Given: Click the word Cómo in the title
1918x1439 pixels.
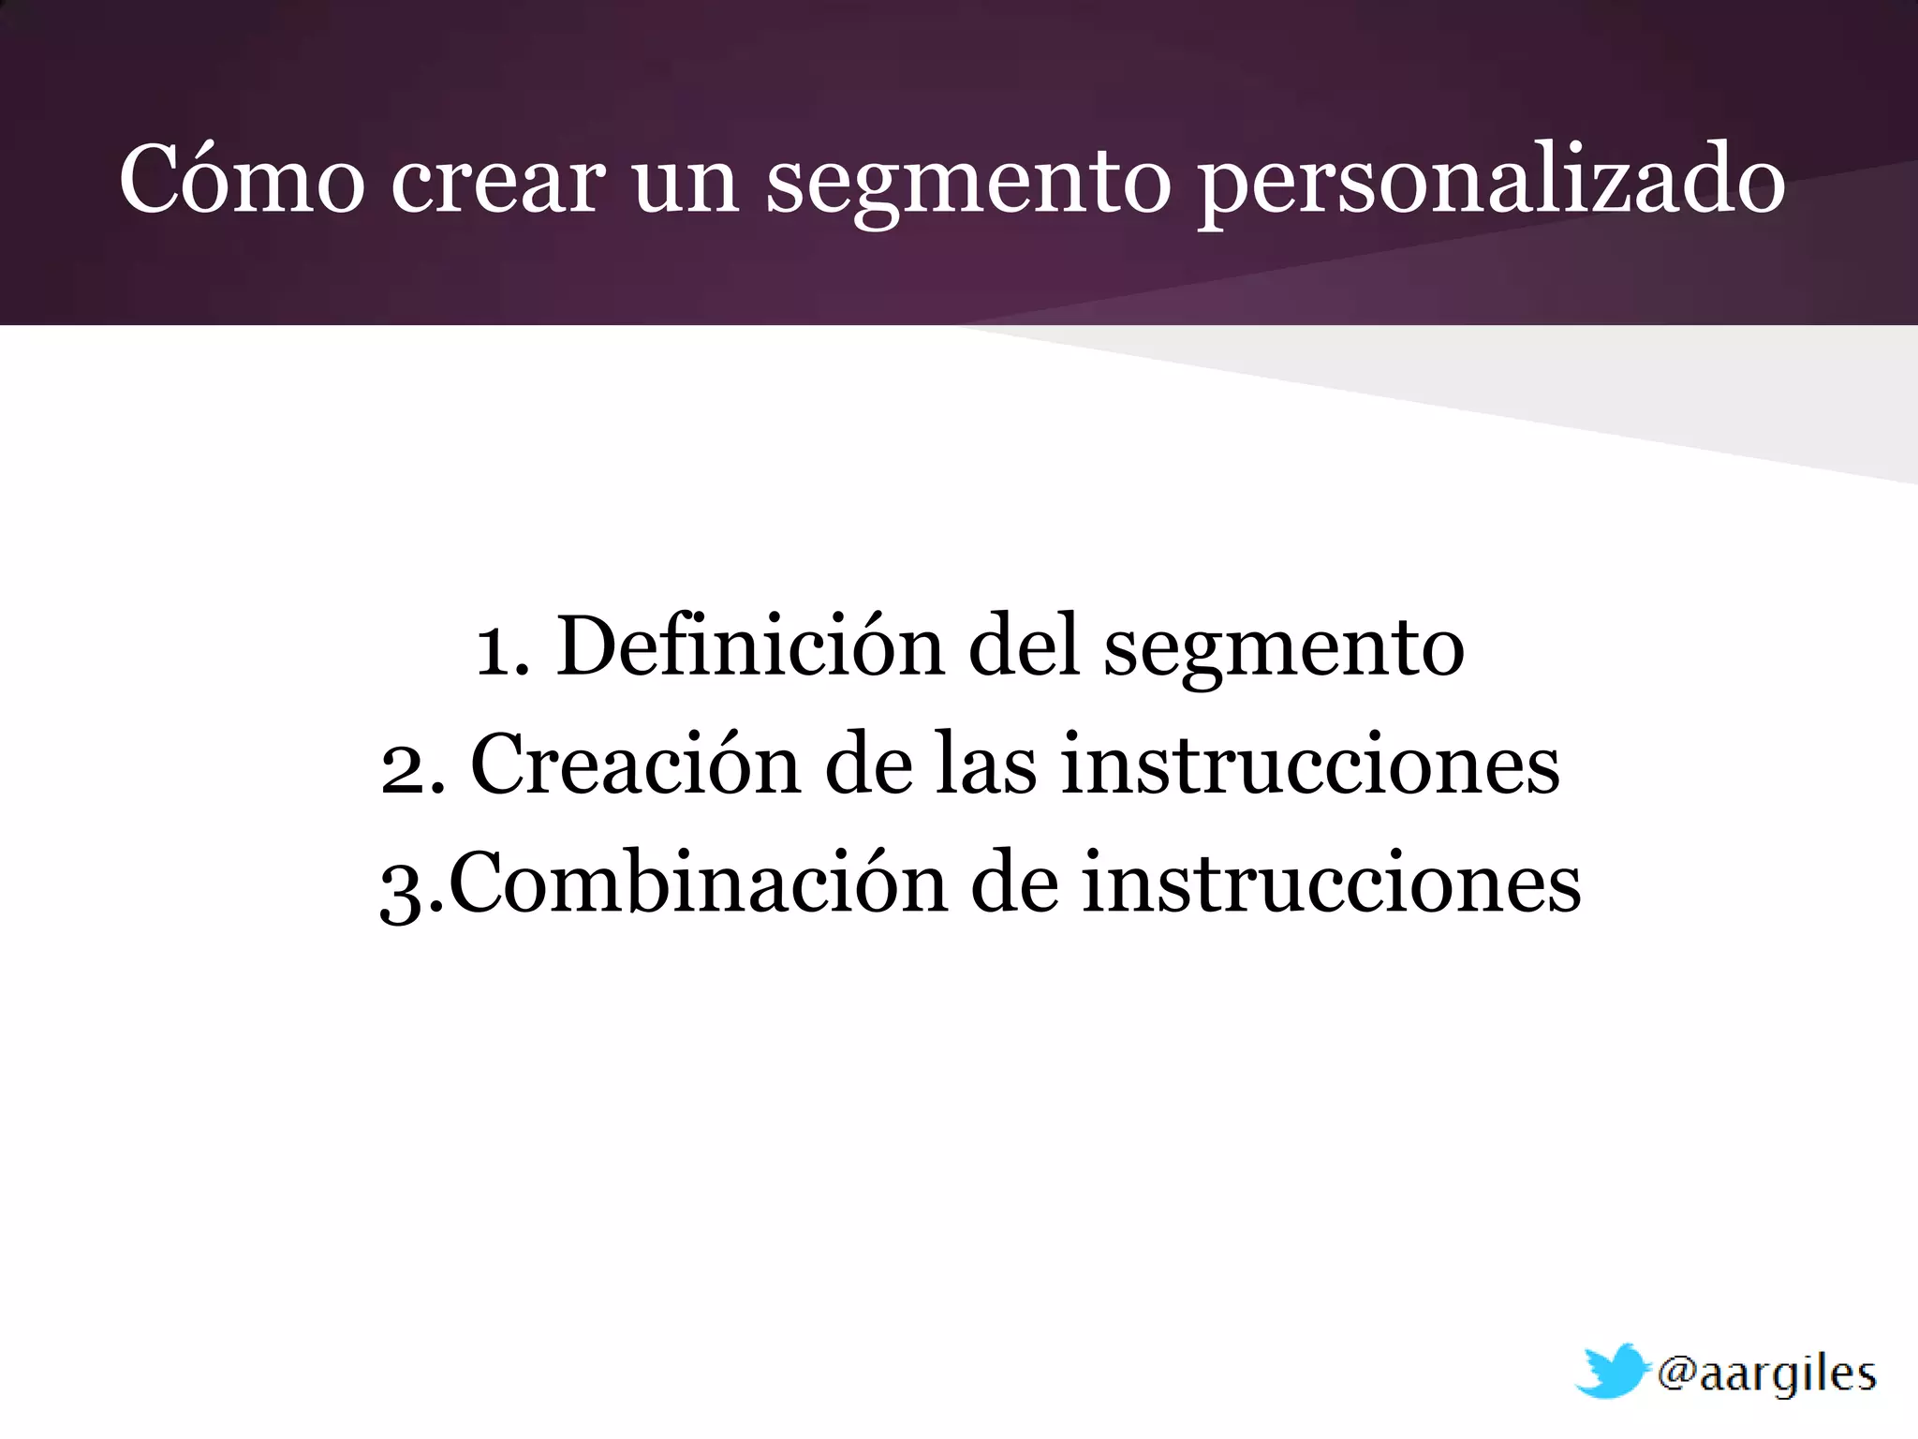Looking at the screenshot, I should (242, 180).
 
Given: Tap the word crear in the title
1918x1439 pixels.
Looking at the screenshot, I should (497, 180).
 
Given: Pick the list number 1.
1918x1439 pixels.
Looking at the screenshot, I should (501, 648).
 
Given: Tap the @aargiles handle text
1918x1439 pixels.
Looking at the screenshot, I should (1766, 1374).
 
